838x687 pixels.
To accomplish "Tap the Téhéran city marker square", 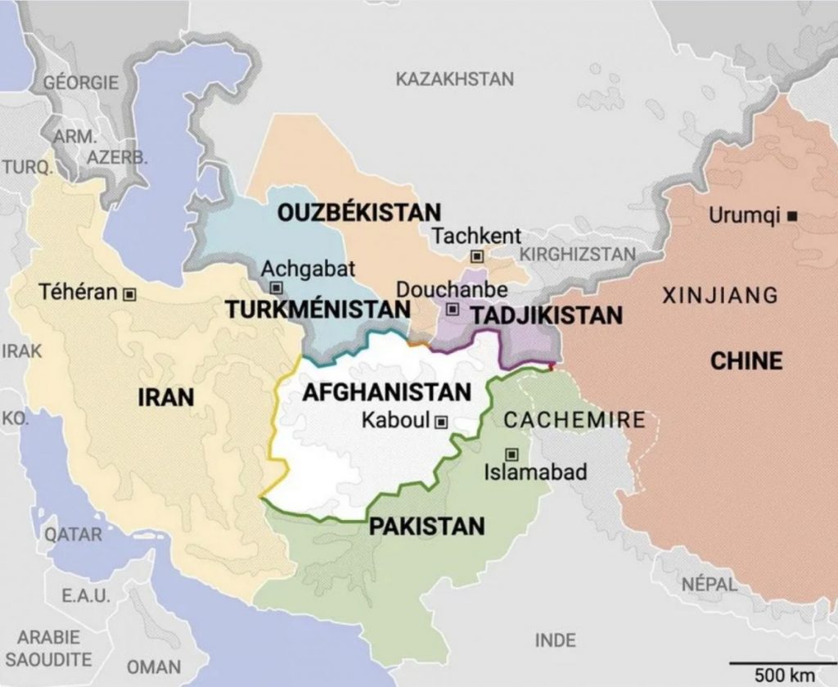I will click(128, 293).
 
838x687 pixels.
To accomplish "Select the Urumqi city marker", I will click(792, 217).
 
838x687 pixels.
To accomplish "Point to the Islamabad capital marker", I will click(512, 454).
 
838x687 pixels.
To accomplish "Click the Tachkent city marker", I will click(477, 257).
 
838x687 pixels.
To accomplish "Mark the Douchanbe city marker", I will click(453, 310).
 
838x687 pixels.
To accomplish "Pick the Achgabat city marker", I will click(277, 287).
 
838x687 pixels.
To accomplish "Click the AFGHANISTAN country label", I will click(387, 392).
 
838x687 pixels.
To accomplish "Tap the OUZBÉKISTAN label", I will click(359, 212).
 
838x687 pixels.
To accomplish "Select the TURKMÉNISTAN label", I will click(318, 310).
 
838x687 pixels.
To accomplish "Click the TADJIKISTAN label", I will click(547, 315).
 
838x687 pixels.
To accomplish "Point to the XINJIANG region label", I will click(719, 295).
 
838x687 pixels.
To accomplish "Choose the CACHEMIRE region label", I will click(574, 421).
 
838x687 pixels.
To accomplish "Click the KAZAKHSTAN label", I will click(455, 79).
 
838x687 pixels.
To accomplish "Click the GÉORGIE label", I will click(81, 83).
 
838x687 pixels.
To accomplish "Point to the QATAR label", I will click(74, 535).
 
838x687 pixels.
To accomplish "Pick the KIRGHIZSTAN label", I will click(578, 254).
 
